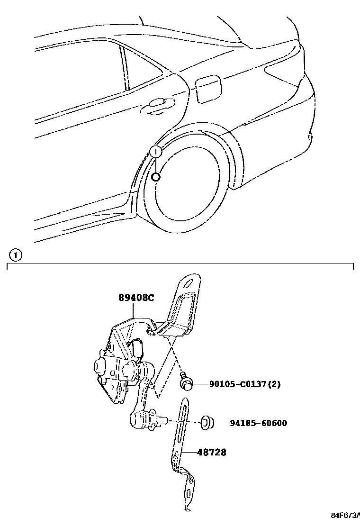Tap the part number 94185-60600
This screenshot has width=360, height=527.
click(x=258, y=423)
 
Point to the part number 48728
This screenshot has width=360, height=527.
click(x=212, y=453)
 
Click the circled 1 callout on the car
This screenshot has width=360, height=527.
click(x=156, y=152)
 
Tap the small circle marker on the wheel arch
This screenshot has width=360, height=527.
click(x=156, y=177)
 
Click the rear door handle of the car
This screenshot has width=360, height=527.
click(x=156, y=105)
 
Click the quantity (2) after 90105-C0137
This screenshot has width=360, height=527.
click(x=274, y=384)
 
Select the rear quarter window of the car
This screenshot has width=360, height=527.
click(x=142, y=71)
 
